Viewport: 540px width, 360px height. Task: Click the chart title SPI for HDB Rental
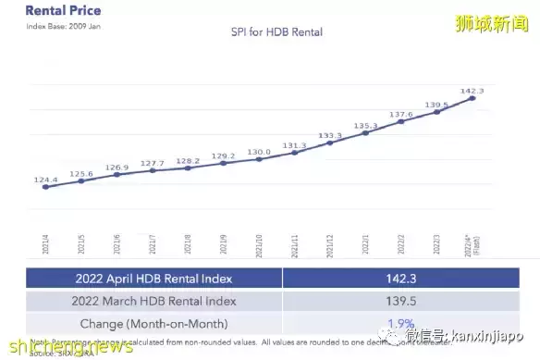coord(271,31)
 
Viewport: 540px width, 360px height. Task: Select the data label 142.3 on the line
coord(472,91)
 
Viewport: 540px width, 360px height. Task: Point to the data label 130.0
coord(259,152)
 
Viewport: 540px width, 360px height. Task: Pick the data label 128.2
coord(187,160)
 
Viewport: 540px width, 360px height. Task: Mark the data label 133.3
coord(330,136)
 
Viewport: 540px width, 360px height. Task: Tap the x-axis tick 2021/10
coord(260,244)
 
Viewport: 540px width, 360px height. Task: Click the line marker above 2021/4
coord(45,186)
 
